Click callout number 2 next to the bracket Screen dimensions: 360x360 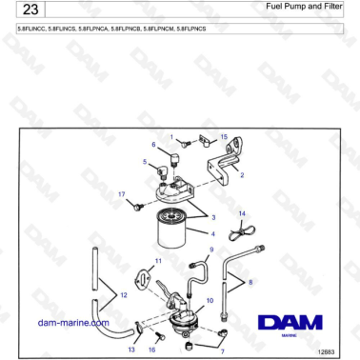[242, 175]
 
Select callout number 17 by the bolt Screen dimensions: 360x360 [121, 194]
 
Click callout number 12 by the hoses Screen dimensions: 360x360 [124, 296]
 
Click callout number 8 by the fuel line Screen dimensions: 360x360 [251, 283]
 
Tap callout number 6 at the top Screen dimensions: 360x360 [152, 145]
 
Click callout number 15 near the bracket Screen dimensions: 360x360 [224, 137]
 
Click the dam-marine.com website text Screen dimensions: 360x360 [72, 323]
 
